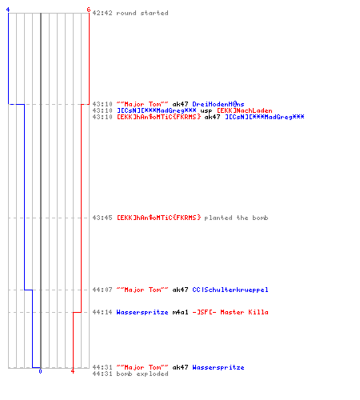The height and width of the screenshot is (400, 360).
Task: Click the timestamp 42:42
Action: tap(102, 13)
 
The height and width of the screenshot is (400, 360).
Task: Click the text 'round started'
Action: tap(142, 13)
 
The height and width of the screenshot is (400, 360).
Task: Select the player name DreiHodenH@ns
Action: tap(218, 104)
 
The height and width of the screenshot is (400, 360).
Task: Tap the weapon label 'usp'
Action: tap(206, 111)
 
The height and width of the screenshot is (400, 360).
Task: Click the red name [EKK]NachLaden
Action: tap(245, 110)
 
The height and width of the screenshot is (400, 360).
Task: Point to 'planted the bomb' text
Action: tap(236, 218)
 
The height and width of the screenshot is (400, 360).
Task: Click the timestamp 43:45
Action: tap(102, 218)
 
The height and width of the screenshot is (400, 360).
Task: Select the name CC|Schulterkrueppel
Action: tap(230, 290)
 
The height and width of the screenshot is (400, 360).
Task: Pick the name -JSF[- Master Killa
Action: tap(230, 312)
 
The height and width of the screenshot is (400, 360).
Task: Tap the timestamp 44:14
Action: tap(102, 312)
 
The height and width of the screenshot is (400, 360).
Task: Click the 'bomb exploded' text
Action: tap(142, 374)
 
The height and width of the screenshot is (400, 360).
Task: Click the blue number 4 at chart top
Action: tap(8, 10)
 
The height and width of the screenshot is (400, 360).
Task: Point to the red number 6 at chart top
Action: tap(89, 10)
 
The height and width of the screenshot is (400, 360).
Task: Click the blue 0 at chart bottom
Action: tap(40, 371)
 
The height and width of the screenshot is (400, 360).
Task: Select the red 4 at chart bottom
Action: tap(73, 371)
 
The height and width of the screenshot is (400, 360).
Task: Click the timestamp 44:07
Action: tap(102, 290)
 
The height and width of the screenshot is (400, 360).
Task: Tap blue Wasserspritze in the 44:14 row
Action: tap(142, 312)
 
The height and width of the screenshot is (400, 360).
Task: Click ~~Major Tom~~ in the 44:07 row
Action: tap(142, 290)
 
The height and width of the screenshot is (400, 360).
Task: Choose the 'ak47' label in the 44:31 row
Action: tap(180, 367)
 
